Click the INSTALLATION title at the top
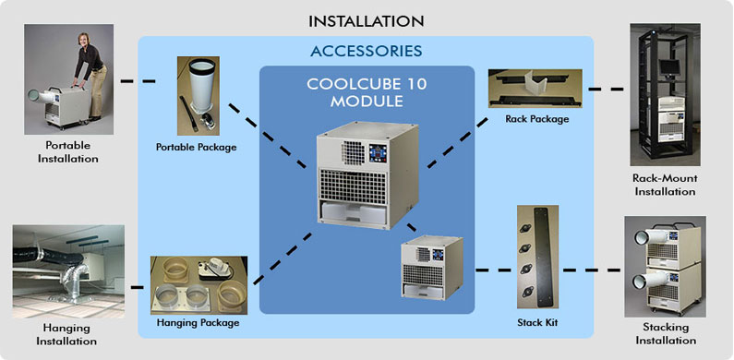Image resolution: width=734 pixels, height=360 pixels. point(367,19)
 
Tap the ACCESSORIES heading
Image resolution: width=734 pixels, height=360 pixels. point(367,50)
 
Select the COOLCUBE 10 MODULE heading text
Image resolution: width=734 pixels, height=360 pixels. point(367,92)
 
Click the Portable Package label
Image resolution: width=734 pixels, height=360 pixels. point(196,148)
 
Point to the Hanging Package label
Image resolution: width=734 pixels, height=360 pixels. point(198,322)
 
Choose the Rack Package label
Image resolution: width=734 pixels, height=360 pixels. point(536,118)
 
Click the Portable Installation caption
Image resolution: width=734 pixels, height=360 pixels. point(67,151)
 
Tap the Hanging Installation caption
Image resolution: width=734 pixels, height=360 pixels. point(67,334)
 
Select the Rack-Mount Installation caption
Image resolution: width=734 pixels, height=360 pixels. point(663,185)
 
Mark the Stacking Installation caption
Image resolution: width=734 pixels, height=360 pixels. point(665,334)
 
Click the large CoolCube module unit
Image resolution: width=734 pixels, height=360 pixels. point(366,175)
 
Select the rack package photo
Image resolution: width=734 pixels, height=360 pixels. point(535,87)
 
